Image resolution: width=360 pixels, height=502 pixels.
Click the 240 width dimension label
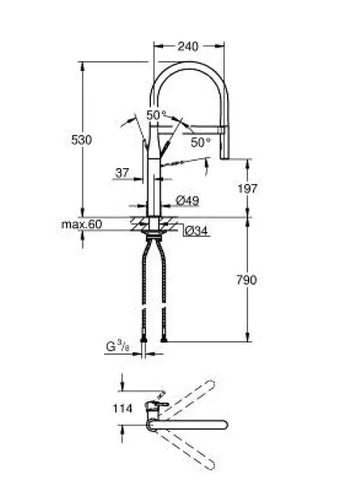coord(188,47)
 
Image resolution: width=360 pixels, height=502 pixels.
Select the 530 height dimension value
coord(81,140)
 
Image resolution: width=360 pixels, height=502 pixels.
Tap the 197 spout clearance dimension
coord(247,189)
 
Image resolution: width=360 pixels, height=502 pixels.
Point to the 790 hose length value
coord(246,280)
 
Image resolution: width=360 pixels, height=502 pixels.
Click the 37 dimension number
coord(122,173)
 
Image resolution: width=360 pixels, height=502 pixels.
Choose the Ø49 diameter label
coord(188,201)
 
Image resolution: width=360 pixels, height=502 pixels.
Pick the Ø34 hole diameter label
coord(197,231)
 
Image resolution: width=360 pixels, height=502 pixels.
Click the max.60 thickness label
coord(82,224)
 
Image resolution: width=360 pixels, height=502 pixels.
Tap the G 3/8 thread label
coord(118,346)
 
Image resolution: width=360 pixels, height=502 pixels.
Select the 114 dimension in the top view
coord(122,409)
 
